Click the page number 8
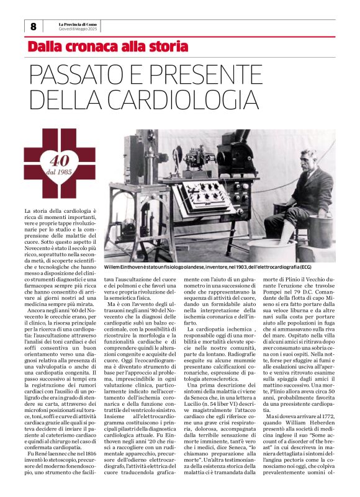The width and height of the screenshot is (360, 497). [33, 26]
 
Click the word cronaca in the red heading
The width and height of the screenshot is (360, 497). [91, 47]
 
